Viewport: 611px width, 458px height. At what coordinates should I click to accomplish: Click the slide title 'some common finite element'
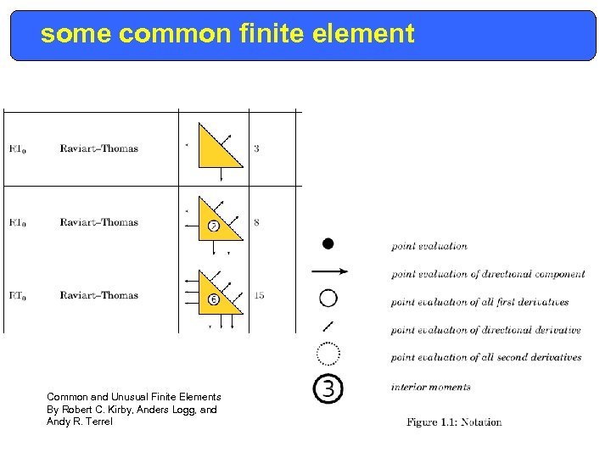227,35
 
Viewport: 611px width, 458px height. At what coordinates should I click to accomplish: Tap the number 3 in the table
256,149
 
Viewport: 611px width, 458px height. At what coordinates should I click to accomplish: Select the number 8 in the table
256,223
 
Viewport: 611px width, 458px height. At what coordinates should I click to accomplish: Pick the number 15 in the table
258,295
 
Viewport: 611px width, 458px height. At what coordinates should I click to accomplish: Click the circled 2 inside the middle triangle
213,226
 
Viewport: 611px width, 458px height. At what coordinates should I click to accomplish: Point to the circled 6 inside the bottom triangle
213,299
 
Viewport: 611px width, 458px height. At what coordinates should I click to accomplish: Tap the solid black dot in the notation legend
328,244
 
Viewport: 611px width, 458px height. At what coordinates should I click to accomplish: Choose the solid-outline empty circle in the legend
328,299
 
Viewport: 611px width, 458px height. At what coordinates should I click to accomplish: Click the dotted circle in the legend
328,351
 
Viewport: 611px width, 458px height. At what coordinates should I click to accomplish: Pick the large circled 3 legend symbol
328,388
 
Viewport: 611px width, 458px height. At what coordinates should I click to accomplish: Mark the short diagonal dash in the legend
328,326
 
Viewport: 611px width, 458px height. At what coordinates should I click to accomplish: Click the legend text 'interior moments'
430,387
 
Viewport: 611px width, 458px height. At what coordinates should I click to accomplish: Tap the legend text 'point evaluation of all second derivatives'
485,357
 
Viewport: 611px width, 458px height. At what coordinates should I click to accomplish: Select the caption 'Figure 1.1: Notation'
453,422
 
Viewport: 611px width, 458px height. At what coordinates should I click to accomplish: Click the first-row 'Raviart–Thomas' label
98,149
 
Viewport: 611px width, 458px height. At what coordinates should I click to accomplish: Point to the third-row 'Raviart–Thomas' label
98,295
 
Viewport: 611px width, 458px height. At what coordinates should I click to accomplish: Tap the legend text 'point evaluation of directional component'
487,274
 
